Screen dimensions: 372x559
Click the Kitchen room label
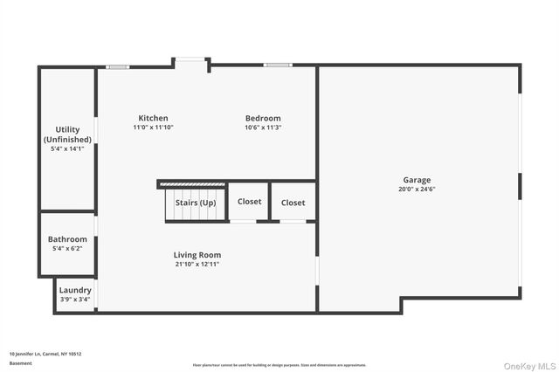(153, 118)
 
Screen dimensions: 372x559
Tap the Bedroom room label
(263, 118)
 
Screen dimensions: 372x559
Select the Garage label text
(417, 180)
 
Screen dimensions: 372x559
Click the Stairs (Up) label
(195, 203)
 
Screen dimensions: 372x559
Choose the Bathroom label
(67, 239)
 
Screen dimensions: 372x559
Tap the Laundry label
(74, 290)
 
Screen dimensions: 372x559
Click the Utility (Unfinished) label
(67, 134)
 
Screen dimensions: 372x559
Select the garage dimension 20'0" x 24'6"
(417, 189)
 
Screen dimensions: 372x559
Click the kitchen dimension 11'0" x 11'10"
(153, 127)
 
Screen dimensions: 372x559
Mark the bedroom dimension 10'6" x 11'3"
(263, 127)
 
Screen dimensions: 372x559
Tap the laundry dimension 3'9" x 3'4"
(74, 300)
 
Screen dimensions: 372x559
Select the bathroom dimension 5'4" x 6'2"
(67, 249)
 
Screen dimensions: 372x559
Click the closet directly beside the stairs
(249, 202)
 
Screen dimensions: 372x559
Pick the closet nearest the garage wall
(293, 203)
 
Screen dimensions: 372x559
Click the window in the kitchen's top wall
(117, 66)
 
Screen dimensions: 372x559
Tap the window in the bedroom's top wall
(277, 65)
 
